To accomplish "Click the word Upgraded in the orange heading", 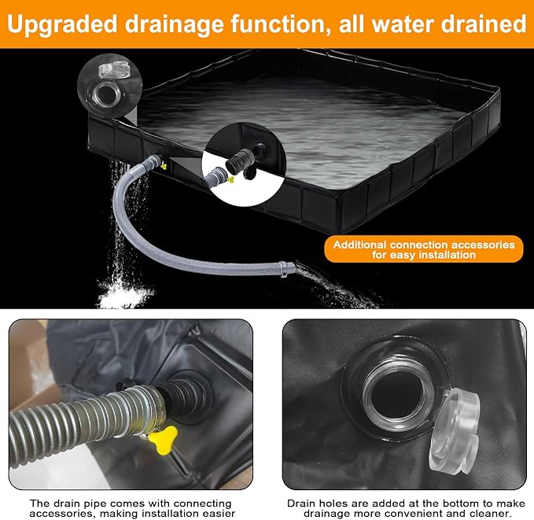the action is (x=62, y=24).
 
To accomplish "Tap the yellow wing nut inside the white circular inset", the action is (x=230, y=179).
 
